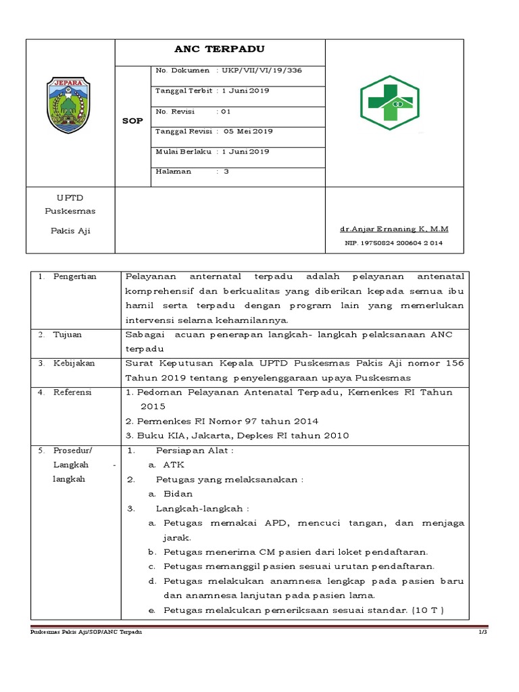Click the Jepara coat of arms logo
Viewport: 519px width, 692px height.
point(70,105)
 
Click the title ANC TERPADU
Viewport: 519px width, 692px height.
point(220,49)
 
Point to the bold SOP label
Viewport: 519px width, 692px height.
point(132,121)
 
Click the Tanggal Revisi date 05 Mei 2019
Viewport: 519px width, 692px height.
point(248,131)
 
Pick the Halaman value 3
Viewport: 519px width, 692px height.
point(226,172)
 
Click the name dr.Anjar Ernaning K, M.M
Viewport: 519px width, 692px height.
point(396,228)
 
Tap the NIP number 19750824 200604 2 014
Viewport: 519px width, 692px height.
point(393,243)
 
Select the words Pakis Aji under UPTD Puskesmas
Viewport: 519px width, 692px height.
point(70,230)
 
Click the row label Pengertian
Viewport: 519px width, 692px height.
point(75,276)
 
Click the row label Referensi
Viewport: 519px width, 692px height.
point(72,392)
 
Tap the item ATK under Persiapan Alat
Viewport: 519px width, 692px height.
point(174,465)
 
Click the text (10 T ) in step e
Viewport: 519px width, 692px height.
point(428,610)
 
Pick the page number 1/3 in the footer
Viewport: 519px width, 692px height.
point(482,631)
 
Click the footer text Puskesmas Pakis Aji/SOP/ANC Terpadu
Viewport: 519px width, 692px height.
point(87,631)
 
